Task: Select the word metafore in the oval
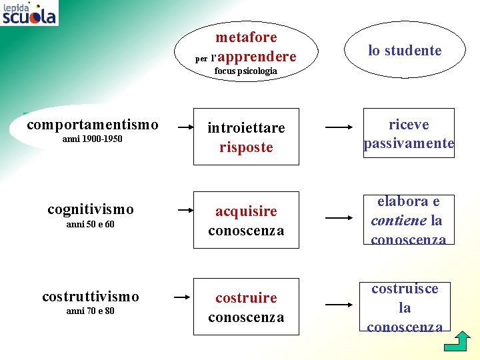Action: (246, 37)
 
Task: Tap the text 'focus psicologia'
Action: (245, 71)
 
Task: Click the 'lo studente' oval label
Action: (405, 51)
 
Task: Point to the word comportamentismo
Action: (93, 125)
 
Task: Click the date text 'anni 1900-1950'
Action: (92, 139)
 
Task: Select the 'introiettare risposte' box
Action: (246, 137)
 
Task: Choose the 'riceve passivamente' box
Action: (409, 133)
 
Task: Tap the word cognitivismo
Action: (91, 209)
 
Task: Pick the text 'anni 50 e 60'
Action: (90, 224)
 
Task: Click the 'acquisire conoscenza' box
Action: (246, 221)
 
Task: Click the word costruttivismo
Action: (91, 296)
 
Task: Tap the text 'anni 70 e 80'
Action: (90, 311)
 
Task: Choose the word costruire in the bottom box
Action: (246, 297)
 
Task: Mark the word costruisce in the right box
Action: (405, 289)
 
